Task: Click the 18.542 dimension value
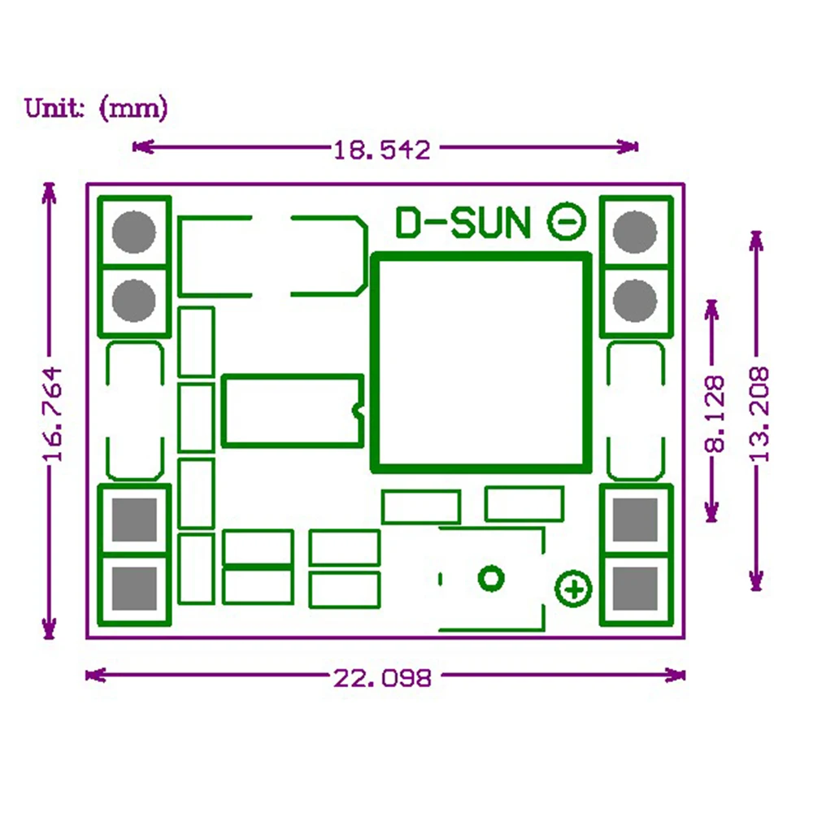point(381,149)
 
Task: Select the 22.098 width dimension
point(381,676)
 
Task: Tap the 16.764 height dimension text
point(53,414)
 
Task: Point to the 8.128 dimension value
point(714,413)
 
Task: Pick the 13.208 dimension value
point(759,414)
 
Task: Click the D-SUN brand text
point(463,223)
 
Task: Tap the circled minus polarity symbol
point(567,221)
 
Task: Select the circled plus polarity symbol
point(573,589)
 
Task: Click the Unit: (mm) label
point(96,107)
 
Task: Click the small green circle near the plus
point(490,578)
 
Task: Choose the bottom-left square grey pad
point(133,588)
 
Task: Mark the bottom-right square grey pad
point(635,588)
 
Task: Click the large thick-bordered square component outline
point(480,363)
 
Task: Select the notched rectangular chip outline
point(292,410)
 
